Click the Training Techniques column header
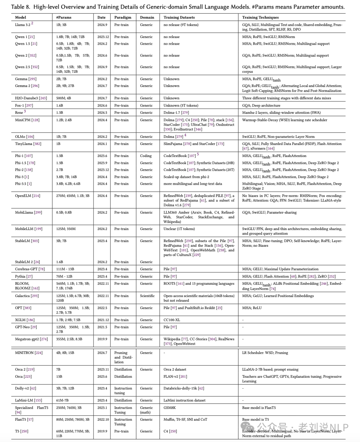[x=260, y=17]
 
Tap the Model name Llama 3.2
[x=23, y=25]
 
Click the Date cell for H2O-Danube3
[x=102, y=98]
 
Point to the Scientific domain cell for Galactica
[x=147, y=296]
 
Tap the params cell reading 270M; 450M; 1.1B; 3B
[x=73, y=196]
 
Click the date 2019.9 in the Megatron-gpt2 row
[x=102, y=339]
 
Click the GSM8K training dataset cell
[x=169, y=408]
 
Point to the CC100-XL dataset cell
[x=172, y=320]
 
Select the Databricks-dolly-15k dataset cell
[x=184, y=388]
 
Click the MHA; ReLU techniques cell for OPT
[x=252, y=308]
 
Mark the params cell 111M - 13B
[x=65, y=269]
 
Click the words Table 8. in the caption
[x=21, y=7]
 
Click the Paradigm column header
[x=123, y=17]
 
